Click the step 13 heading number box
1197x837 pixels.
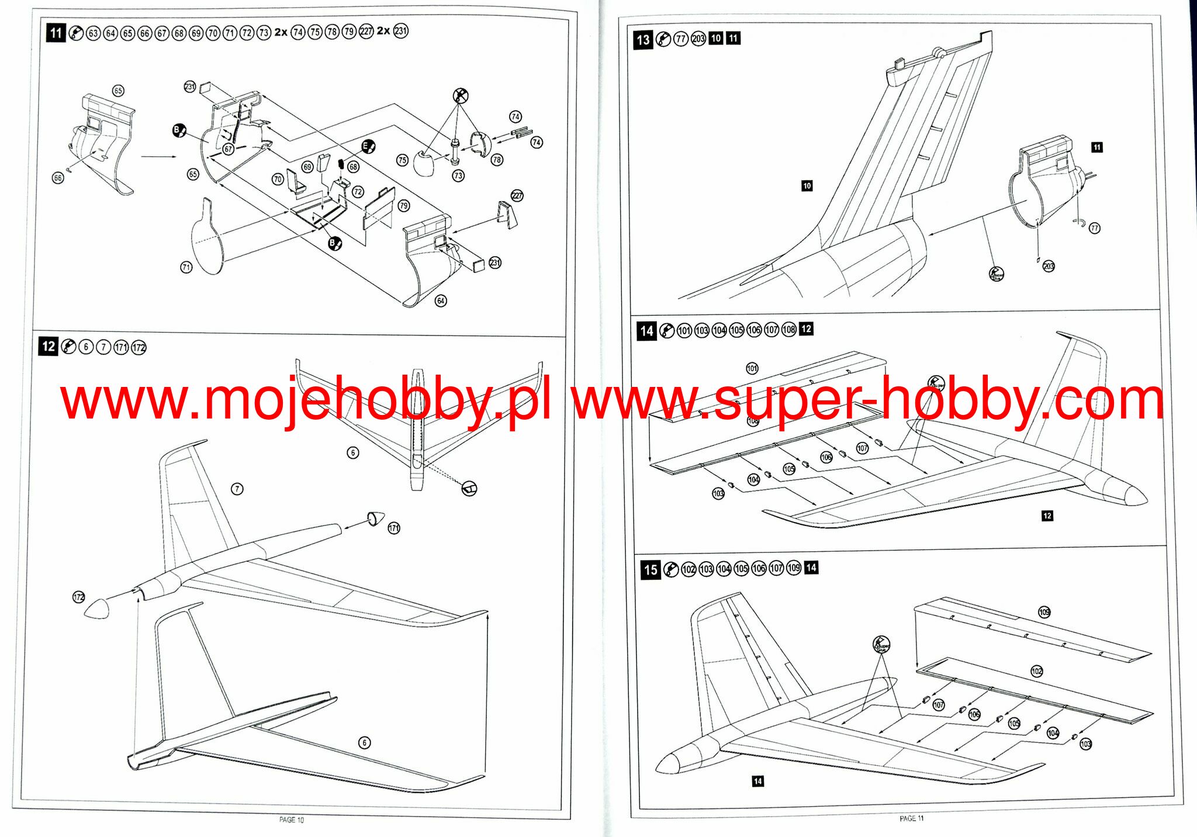tap(643, 40)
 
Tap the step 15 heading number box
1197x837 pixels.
tap(651, 570)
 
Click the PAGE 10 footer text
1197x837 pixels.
tap(292, 820)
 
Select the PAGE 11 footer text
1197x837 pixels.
tap(911, 818)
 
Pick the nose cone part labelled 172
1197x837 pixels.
tap(96, 608)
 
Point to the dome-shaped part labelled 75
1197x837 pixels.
tap(424, 162)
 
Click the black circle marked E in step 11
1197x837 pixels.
tap(368, 146)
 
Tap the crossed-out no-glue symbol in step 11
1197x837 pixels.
tap(461, 96)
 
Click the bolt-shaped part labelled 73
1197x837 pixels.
tap(455, 151)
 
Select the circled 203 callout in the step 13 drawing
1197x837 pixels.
tap(1049, 267)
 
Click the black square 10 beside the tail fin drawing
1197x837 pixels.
tap(807, 186)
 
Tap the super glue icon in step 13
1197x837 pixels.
tap(997, 274)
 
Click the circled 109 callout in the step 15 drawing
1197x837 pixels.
tap(1044, 612)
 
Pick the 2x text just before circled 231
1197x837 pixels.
tap(383, 30)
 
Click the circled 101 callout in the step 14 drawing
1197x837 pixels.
tap(752, 368)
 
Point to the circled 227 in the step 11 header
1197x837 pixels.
tap(366, 32)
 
